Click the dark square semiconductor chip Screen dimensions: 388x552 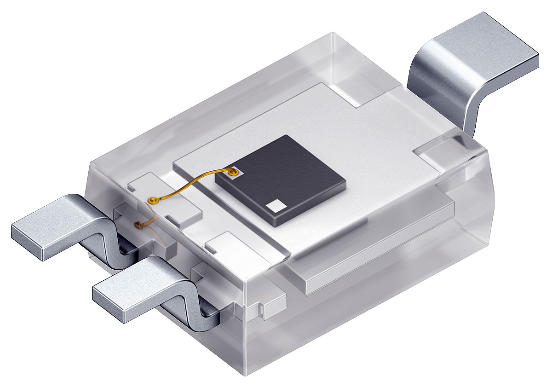point(281,180)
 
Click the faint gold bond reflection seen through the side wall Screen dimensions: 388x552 point(138,225)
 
